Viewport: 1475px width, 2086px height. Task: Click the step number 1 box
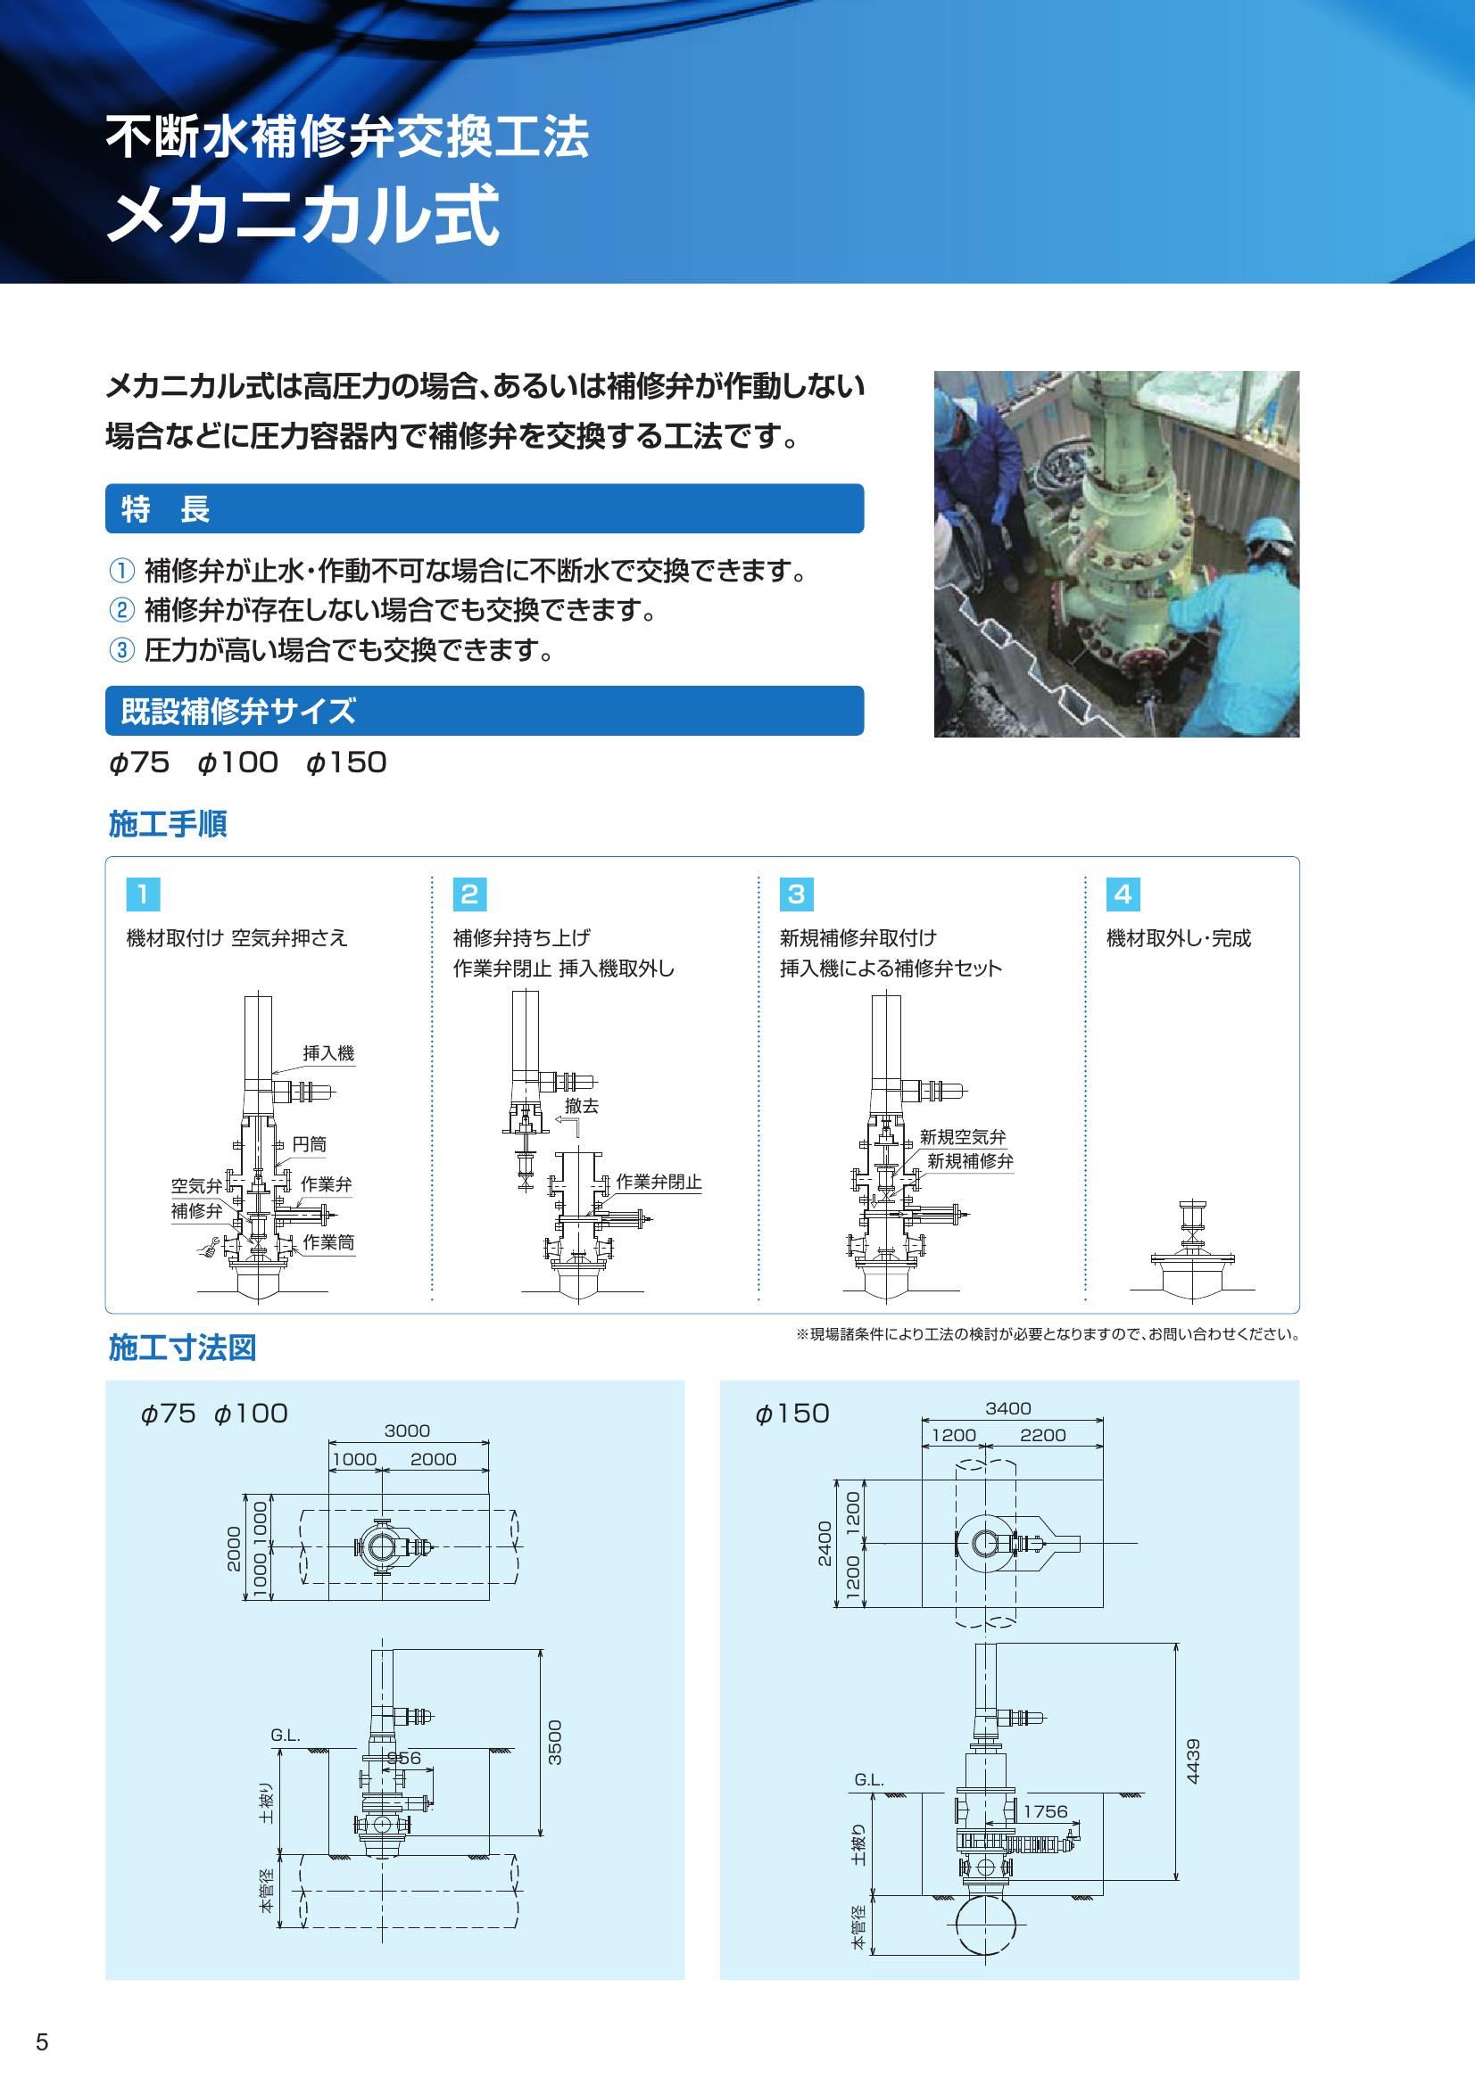click(143, 894)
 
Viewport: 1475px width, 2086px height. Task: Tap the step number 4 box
click(1123, 894)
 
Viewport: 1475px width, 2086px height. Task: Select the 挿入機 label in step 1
click(328, 1053)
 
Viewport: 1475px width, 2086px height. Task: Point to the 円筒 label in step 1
click(309, 1144)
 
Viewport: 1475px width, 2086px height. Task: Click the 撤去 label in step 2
click(582, 1106)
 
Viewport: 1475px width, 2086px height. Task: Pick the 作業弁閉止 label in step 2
click(658, 1182)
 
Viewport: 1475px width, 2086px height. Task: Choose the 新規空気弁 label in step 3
click(963, 1136)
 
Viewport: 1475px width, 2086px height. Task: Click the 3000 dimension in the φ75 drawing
click(406, 1431)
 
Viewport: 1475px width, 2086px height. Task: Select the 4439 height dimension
click(1193, 1760)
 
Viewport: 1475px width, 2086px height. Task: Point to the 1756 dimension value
click(1045, 1810)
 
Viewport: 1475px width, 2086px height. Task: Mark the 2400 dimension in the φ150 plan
click(825, 1543)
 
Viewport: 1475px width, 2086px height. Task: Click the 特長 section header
click(165, 508)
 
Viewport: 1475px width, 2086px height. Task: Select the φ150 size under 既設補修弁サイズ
click(346, 763)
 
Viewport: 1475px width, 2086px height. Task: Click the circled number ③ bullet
click(120, 650)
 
